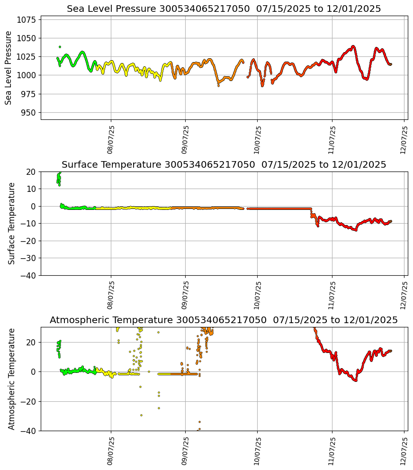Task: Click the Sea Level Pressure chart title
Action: pos(224,9)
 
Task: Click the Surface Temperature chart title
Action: pos(224,165)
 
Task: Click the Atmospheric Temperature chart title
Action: pos(224,320)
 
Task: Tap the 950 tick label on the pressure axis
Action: pos(29,113)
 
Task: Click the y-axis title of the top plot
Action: pos(9,68)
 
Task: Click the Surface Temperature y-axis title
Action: pos(12,223)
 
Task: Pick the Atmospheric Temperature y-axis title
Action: pos(12,379)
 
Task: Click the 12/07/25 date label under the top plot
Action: pos(404,140)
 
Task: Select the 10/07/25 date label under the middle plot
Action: pos(257,295)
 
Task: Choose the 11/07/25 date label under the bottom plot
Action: pos(332,451)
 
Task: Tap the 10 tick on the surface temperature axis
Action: pos(31,189)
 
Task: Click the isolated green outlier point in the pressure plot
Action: pos(60,47)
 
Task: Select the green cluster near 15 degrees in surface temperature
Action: pos(59,179)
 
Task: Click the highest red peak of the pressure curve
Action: pos(353,46)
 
